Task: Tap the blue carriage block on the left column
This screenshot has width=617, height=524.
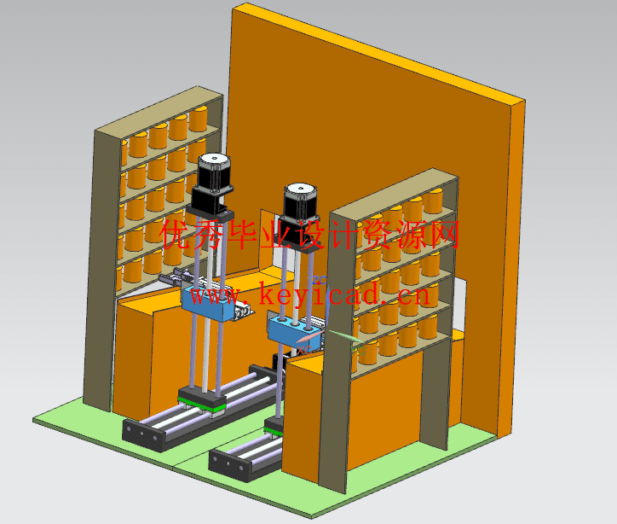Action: coord(207,301)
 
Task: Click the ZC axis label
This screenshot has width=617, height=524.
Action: coord(320,280)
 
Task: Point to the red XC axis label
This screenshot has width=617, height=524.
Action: coord(304,349)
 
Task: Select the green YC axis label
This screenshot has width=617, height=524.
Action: coord(358,350)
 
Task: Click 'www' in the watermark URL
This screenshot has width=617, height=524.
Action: coord(220,295)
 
